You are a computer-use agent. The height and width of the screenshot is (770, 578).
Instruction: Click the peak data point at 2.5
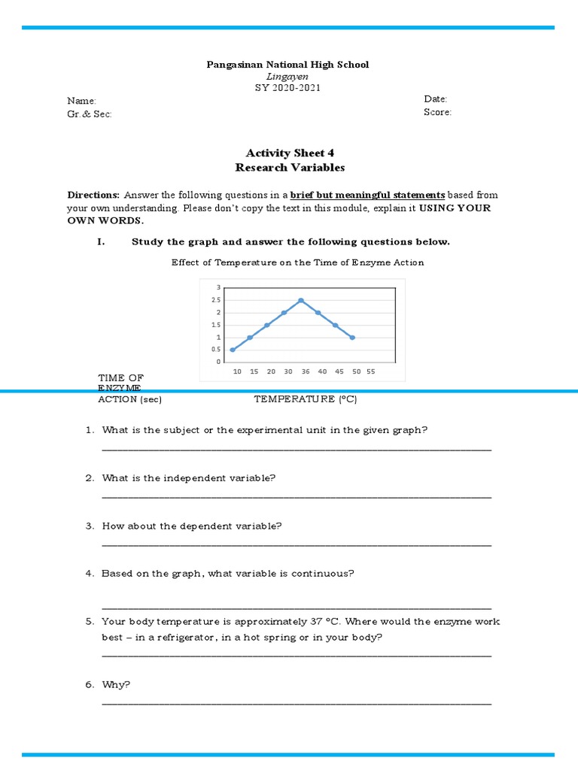coord(301,301)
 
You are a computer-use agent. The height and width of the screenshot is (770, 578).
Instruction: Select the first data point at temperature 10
coord(233,350)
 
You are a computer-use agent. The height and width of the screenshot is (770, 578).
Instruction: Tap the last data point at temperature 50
coord(352,338)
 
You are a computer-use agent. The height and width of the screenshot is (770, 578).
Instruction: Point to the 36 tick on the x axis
coord(305,371)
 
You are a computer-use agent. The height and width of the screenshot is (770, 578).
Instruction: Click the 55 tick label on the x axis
coord(371,371)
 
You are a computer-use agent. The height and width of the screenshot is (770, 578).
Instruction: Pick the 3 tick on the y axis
coord(218,287)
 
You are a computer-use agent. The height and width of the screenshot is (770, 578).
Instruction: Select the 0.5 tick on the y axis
coord(217,350)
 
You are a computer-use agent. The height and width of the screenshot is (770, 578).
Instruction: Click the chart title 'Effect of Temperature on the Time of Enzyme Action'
coord(297,262)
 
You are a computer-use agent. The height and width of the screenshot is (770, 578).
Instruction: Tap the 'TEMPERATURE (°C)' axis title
coord(305,399)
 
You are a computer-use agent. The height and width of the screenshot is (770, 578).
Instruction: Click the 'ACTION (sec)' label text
coord(129,399)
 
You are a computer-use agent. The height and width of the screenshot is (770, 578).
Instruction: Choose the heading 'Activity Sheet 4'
coord(289,153)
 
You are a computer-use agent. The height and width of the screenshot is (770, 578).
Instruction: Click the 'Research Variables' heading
coord(290,168)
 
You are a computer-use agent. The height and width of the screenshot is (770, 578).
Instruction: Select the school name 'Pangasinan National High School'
coord(288,65)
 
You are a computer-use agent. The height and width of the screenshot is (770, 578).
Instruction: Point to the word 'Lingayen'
coord(288,77)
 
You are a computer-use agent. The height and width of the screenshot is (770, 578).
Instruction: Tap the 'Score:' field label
coord(438,112)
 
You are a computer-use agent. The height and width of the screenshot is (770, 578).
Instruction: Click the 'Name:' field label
coord(81,101)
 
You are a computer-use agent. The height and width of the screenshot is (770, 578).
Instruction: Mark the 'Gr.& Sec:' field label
coord(90,114)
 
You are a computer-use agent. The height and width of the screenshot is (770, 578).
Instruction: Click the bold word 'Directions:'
coord(94,195)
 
